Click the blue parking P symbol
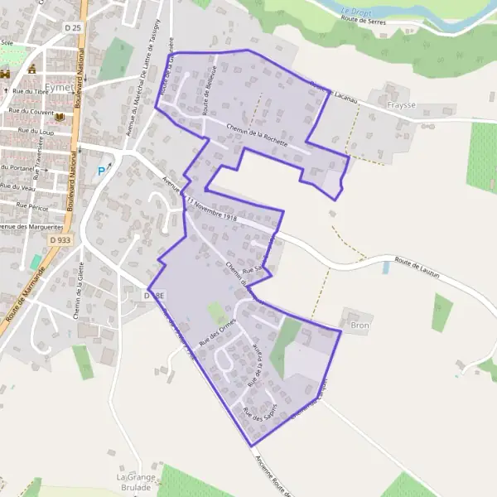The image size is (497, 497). tap(102, 171)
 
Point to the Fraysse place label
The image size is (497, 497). tap(401, 106)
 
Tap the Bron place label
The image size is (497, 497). tap(359, 326)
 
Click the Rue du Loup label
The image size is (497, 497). tap(36, 131)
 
